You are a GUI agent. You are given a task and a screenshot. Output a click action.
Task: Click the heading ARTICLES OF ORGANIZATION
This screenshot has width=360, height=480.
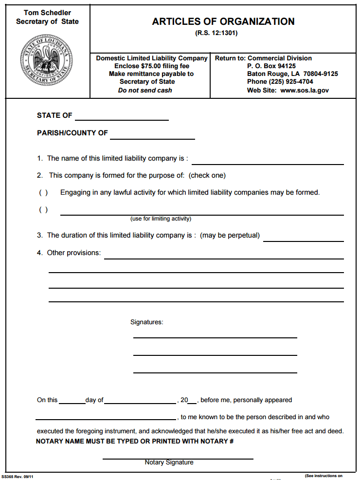223,22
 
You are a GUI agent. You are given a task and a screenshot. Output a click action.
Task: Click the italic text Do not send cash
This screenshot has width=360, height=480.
145,90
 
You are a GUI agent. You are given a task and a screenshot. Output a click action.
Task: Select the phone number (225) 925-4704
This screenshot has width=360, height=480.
280,82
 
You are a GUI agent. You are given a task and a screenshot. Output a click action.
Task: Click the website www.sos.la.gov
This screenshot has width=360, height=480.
305,90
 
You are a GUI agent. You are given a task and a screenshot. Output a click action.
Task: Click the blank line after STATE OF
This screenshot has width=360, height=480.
122,117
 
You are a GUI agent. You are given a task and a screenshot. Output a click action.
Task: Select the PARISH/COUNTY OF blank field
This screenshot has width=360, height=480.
152,135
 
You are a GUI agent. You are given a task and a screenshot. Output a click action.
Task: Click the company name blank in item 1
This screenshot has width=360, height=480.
268,161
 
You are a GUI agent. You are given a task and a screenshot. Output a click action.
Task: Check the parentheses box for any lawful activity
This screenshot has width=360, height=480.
43,192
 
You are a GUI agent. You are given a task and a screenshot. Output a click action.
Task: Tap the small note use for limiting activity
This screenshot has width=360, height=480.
161,219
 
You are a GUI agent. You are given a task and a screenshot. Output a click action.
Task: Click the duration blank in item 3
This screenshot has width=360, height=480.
303,238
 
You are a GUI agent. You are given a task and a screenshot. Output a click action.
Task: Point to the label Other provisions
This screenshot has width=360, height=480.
74,253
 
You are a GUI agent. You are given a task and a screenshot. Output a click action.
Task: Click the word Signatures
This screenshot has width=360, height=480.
147,322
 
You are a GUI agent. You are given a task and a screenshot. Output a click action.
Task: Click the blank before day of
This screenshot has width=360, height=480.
72,401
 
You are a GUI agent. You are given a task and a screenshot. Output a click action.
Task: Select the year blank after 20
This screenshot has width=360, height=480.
192,401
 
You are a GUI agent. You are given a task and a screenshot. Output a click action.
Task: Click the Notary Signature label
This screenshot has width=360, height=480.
169,462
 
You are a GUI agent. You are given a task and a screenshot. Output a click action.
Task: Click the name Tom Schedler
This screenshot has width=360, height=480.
47,13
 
